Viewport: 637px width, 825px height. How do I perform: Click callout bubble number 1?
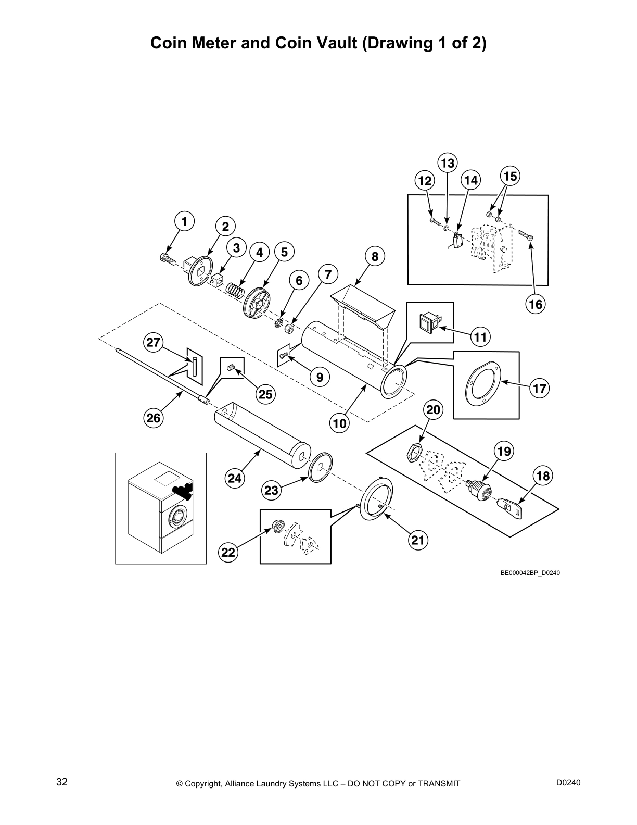184,221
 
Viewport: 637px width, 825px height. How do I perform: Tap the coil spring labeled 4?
236,289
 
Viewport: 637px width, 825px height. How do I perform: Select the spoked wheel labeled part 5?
258,304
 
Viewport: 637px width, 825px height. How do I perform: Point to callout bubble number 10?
339,423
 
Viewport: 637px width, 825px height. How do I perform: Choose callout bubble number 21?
418,540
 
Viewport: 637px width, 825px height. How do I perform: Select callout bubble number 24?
235,478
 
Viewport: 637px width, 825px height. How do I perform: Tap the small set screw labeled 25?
232,369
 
